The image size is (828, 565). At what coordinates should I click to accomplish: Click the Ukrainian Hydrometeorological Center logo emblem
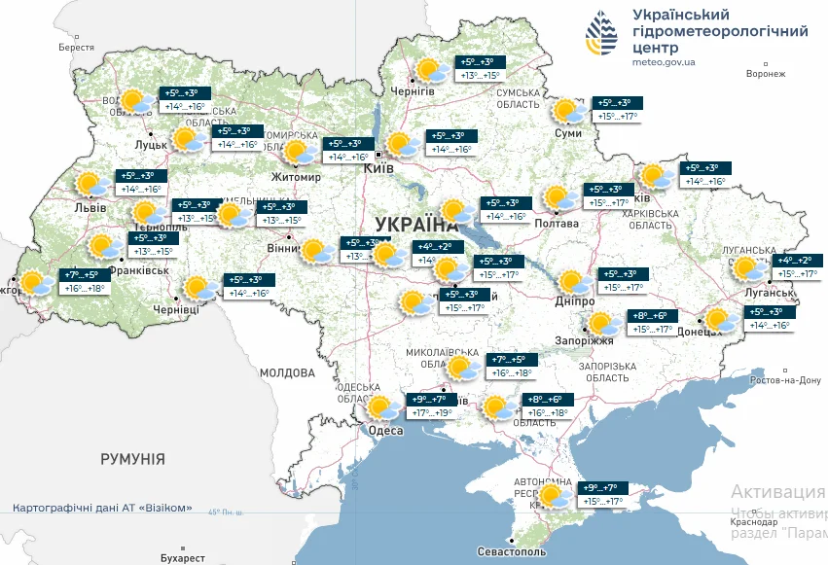600,36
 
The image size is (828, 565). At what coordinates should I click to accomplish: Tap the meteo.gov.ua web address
664,62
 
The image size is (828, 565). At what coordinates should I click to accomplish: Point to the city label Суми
567,132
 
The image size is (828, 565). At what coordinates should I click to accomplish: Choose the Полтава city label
557,224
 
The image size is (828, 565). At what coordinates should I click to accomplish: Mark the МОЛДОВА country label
287,372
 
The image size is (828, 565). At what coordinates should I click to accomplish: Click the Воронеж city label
765,74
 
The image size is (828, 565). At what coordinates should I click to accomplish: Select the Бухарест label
184,558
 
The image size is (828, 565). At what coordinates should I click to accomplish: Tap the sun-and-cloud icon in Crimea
555,496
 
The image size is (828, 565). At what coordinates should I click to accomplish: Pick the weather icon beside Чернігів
429,70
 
